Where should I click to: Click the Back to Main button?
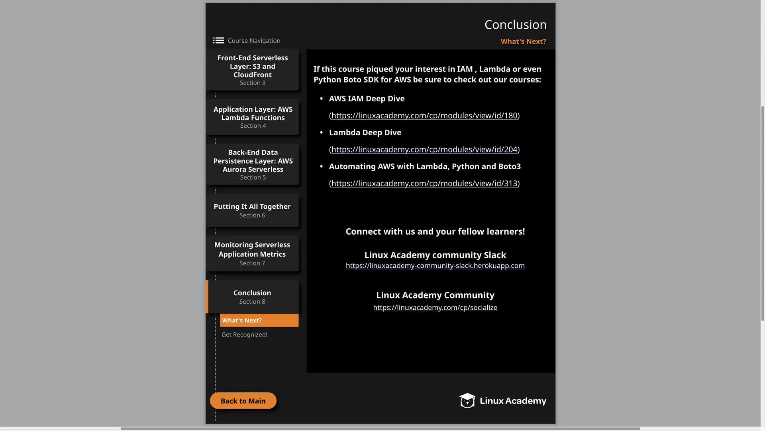(x=243, y=401)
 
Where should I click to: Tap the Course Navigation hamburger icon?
(x=218, y=40)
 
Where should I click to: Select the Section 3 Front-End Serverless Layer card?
(x=253, y=70)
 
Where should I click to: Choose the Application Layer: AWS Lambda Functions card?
(x=253, y=117)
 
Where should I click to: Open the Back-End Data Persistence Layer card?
(x=253, y=164)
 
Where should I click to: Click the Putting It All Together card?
(x=252, y=210)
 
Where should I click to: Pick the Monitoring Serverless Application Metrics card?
(x=252, y=253)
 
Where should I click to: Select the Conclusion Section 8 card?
(x=252, y=297)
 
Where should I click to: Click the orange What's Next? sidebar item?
(x=259, y=320)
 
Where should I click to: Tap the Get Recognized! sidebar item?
(x=244, y=334)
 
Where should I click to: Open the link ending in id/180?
(x=424, y=115)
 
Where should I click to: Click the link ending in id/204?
(x=424, y=149)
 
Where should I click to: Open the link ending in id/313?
(x=424, y=183)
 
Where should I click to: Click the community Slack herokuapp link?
(x=435, y=265)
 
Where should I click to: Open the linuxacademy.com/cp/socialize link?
(x=435, y=307)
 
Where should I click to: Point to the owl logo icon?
(x=467, y=400)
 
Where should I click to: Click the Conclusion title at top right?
(x=515, y=25)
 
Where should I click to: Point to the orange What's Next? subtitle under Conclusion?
(x=523, y=42)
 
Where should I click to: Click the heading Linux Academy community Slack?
(x=435, y=255)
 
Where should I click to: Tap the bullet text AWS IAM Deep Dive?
(x=367, y=99)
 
